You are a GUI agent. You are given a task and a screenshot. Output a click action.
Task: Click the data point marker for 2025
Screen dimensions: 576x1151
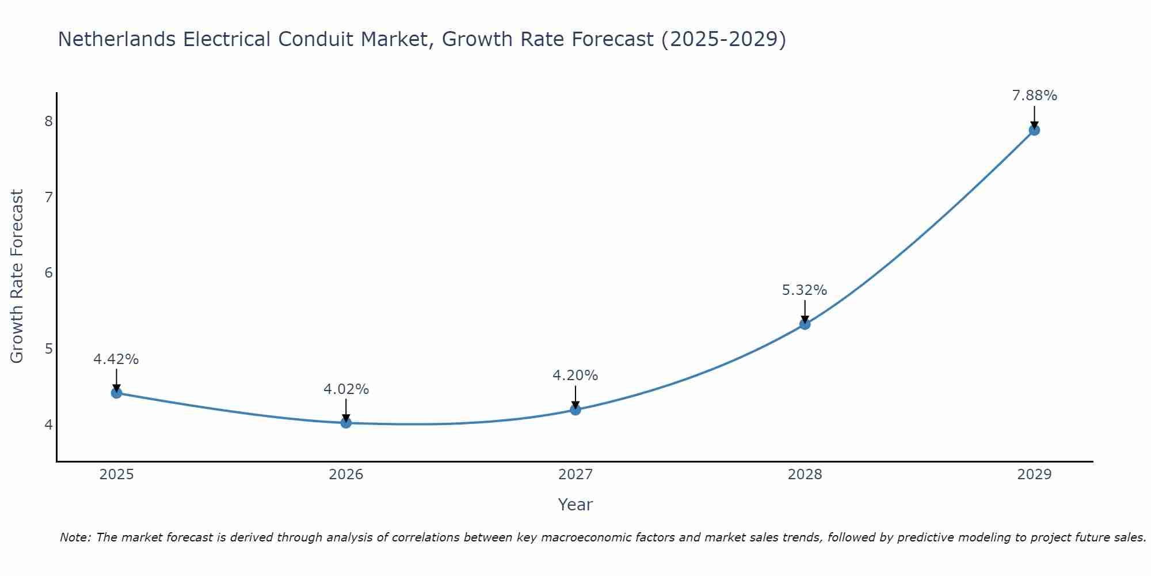click(116, 393)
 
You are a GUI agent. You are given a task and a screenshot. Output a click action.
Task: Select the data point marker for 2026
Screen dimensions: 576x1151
click(346, 423)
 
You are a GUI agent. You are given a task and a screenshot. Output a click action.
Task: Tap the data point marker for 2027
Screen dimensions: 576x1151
click(575, 410)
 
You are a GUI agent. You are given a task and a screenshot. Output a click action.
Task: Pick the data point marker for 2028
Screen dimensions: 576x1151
click(805, 324)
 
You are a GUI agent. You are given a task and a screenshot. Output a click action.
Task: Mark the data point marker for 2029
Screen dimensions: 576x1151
click(1034, 130)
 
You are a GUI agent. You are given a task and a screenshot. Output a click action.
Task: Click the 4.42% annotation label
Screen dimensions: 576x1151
click(116, 359)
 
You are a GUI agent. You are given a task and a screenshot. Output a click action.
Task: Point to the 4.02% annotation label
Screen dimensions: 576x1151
click(346, 389)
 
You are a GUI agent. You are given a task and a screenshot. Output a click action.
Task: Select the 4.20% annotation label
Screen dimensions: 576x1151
click(575, 376)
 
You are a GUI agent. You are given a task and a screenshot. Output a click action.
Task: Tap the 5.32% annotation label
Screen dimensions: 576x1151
click(805, 290)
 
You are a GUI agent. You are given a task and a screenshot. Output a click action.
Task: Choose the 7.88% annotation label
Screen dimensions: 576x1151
click(1034, 96)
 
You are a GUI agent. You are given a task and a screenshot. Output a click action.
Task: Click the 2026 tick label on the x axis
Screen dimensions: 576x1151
click(346, 475)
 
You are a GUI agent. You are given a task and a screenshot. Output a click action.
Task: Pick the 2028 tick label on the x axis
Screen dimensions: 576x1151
click(805, 475)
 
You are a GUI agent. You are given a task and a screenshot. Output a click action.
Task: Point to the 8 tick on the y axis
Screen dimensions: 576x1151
click(48, 121)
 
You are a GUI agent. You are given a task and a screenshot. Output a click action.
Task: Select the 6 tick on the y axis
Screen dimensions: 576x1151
click(48, 272)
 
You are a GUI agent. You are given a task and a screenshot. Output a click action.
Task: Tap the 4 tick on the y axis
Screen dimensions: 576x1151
click(48, 425)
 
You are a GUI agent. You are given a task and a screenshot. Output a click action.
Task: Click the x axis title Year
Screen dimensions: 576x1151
click(575, 505)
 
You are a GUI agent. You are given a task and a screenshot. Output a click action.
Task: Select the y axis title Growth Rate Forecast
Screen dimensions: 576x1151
click(17, 276)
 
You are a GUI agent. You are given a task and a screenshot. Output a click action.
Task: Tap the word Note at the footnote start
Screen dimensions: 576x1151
click(75, 537)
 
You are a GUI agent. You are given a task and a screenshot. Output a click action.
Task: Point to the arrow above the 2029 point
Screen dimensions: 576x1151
click(1034, 115)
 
